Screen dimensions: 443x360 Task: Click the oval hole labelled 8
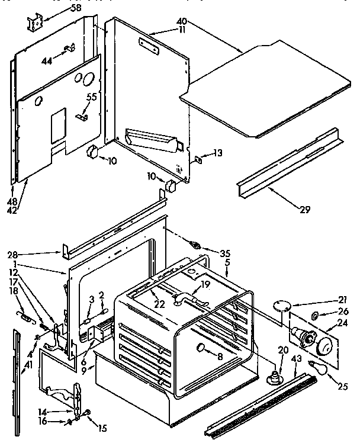201,346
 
